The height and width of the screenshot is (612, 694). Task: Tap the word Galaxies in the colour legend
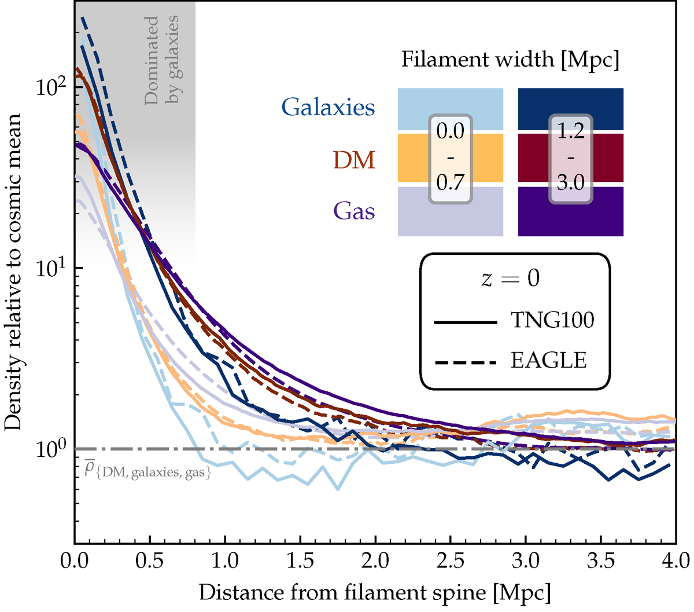(328, 108)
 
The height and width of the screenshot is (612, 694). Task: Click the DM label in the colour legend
(355, 160)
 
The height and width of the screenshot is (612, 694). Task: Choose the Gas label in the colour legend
(354, 211)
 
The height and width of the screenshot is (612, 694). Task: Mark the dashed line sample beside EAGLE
(466, 362)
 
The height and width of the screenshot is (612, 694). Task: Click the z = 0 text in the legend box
(511, 278)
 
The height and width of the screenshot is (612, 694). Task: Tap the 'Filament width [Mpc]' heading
(510, 60)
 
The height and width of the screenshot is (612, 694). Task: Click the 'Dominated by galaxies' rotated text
(161, 60)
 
